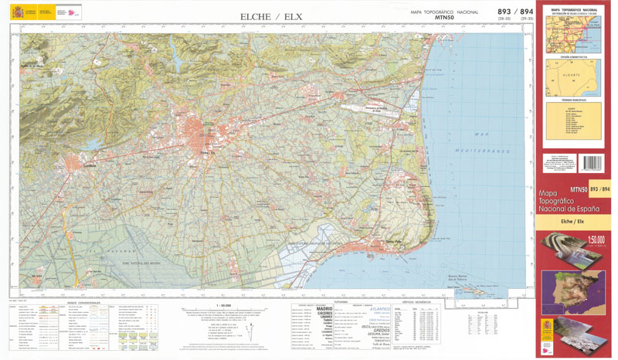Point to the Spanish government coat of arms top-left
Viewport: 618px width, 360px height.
point(18,12)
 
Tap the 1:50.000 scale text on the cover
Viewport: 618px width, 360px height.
point(595,239)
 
